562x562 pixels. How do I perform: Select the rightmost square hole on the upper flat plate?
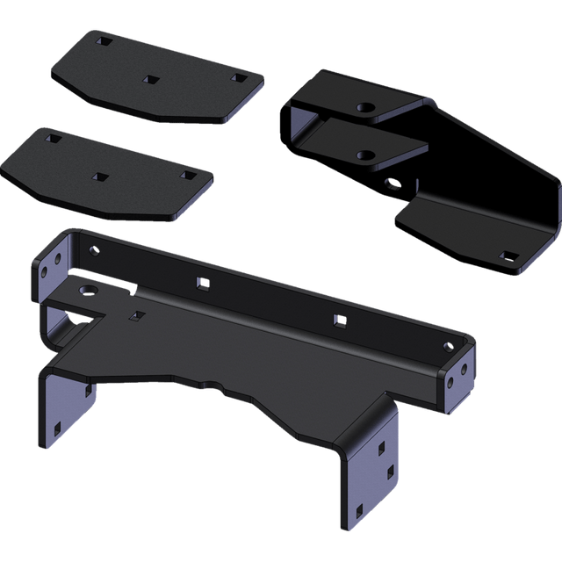click(237, 78)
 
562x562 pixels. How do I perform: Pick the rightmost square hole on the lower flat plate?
click(187, 176)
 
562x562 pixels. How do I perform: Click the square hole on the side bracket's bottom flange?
click(508, 256)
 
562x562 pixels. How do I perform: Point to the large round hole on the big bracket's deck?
click(86, 289)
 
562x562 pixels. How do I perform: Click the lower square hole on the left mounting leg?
click(58, 429)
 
